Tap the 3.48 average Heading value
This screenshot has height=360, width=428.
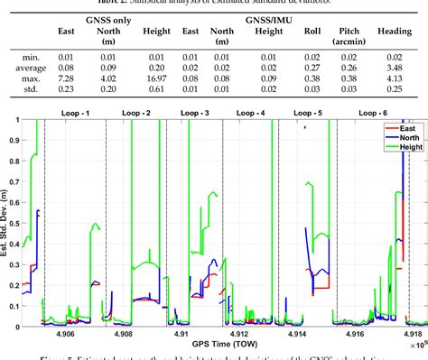(393, 66)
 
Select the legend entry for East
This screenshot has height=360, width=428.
(397, 131)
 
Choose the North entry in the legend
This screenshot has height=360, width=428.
(399, 139)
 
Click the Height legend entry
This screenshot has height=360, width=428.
(401, 147)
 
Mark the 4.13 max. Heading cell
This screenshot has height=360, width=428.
(393, 78)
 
